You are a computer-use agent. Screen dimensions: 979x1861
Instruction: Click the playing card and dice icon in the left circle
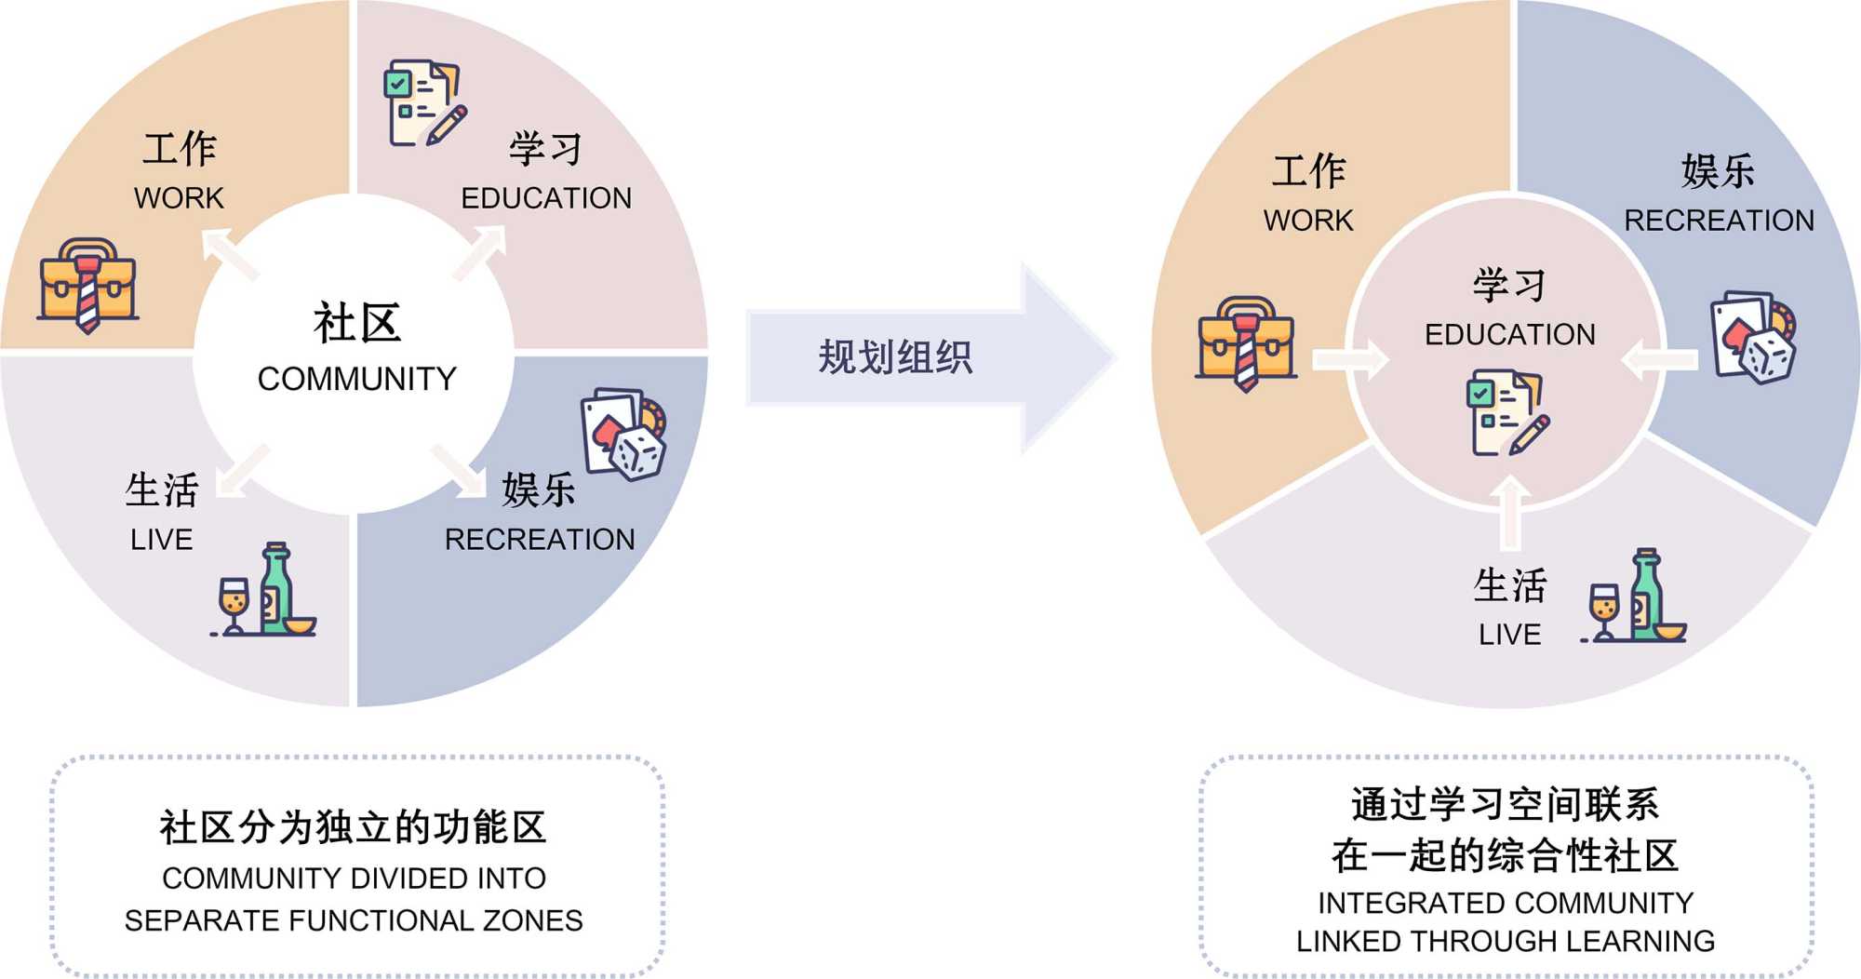(x=624, y=434)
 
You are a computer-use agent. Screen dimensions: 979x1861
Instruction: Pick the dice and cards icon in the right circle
(x=1754, y=337)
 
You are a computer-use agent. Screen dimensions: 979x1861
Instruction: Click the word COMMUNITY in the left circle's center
(x=356, y=379)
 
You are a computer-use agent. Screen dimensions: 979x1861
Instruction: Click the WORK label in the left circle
(x=179, y=198)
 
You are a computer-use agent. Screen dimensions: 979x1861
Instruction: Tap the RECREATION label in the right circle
(x=1719, y=221)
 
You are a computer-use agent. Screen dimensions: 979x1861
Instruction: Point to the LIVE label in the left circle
(x=161, y=540)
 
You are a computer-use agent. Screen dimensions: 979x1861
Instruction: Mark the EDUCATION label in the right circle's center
(x=1509, y=334)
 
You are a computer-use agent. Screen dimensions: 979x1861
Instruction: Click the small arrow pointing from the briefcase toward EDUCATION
(x=1349, y=359)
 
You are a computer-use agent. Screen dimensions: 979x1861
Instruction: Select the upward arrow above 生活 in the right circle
(x=1510, y=512)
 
